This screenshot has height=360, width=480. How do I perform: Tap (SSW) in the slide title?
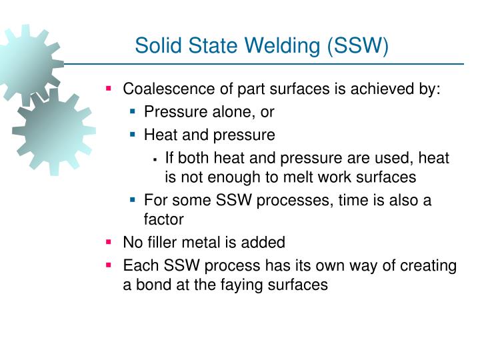(355, 46)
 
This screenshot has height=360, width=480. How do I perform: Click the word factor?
(163, 219)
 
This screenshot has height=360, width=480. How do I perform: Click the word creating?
(429, 265)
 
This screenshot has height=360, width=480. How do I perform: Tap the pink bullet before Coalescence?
(109, 88)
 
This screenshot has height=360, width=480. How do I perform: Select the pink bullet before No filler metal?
(109, 241)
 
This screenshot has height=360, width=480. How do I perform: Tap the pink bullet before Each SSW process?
(109, 265)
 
